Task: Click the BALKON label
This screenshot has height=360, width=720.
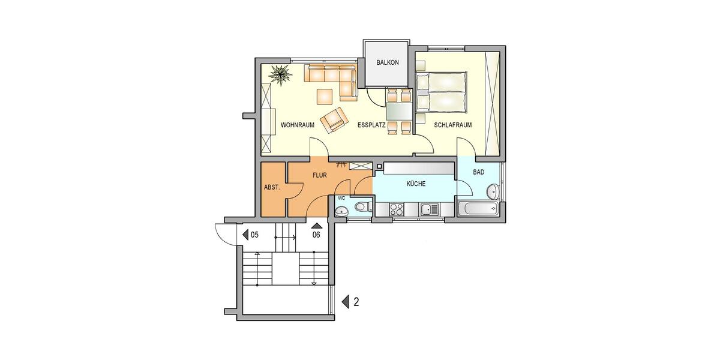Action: pos(387,63)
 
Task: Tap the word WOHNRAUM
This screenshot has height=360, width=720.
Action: pos(298,125)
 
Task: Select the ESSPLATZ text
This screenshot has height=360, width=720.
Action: pos(371,125)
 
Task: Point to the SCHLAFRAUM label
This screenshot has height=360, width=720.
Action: pos(453,125)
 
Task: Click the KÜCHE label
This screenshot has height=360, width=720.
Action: pos(415,184)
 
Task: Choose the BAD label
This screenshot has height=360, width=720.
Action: pos(478,172)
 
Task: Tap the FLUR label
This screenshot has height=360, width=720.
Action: pos(319,176)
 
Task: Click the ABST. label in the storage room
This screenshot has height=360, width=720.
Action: pos(272,187)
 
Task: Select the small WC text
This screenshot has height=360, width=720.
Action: pos(341,197)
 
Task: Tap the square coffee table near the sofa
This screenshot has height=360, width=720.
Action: pos(325,96)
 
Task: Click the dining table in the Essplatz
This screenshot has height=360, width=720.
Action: pos(398,111)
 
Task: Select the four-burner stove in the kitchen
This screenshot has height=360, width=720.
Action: pos(397,209)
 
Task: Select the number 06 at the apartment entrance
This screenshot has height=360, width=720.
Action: pos(316,235)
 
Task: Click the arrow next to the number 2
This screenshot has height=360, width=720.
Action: pos(345,302)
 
